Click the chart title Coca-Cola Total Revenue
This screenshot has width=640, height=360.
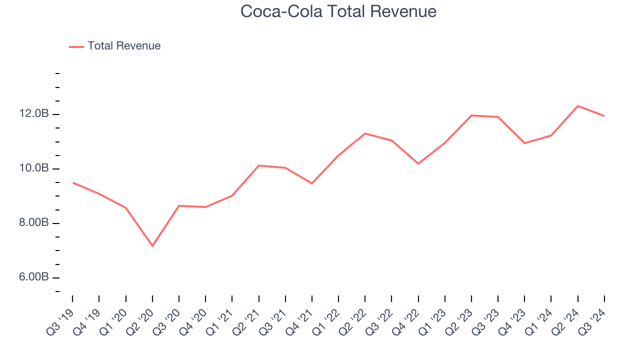pos(338,11)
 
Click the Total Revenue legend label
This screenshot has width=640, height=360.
pos(124,46)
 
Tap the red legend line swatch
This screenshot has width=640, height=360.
pos(76,46)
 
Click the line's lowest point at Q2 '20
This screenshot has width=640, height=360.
pos(152,245)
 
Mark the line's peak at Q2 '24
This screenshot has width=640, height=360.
pos(578,106)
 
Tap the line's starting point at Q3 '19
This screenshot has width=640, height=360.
pos(73,182)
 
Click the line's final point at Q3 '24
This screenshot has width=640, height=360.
pos(604,115)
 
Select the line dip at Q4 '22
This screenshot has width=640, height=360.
pos(418,163)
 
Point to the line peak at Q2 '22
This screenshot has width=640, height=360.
pos(365,133)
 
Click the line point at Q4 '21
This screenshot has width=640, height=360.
pos(312,183)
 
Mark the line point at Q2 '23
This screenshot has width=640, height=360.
pos(471,115)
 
